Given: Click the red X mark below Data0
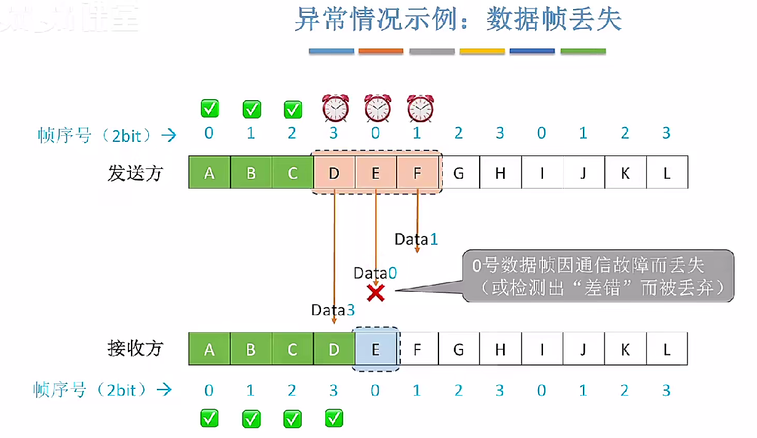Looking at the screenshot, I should tap(375, 293).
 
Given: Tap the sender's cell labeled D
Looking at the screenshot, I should tap(334, 173).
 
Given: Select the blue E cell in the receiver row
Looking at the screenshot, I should tap(376, 350).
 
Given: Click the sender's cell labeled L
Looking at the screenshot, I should tap(667, 173).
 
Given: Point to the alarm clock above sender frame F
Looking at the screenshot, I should tap(420, 109).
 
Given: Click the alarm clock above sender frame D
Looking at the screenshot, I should tap(336, 109).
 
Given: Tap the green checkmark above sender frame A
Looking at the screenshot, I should tap(210, 109).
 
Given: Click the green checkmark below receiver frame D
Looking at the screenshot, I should tap(334, 419).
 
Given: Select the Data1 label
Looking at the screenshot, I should tap(416, 239).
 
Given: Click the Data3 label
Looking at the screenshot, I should tap(333, 310).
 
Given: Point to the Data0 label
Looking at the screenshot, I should tap(375, 273).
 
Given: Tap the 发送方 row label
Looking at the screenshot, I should tap(135, 173).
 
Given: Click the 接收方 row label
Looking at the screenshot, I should tap(135, 349).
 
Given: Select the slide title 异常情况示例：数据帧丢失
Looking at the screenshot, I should tap(458, 20).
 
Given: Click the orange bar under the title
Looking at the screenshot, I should tap(381, 52).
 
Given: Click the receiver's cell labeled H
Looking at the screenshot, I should tap(500, 350).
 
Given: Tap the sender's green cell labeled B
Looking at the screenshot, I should tap(251, 173).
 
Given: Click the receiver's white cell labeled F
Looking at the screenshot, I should tap(418, 350).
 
